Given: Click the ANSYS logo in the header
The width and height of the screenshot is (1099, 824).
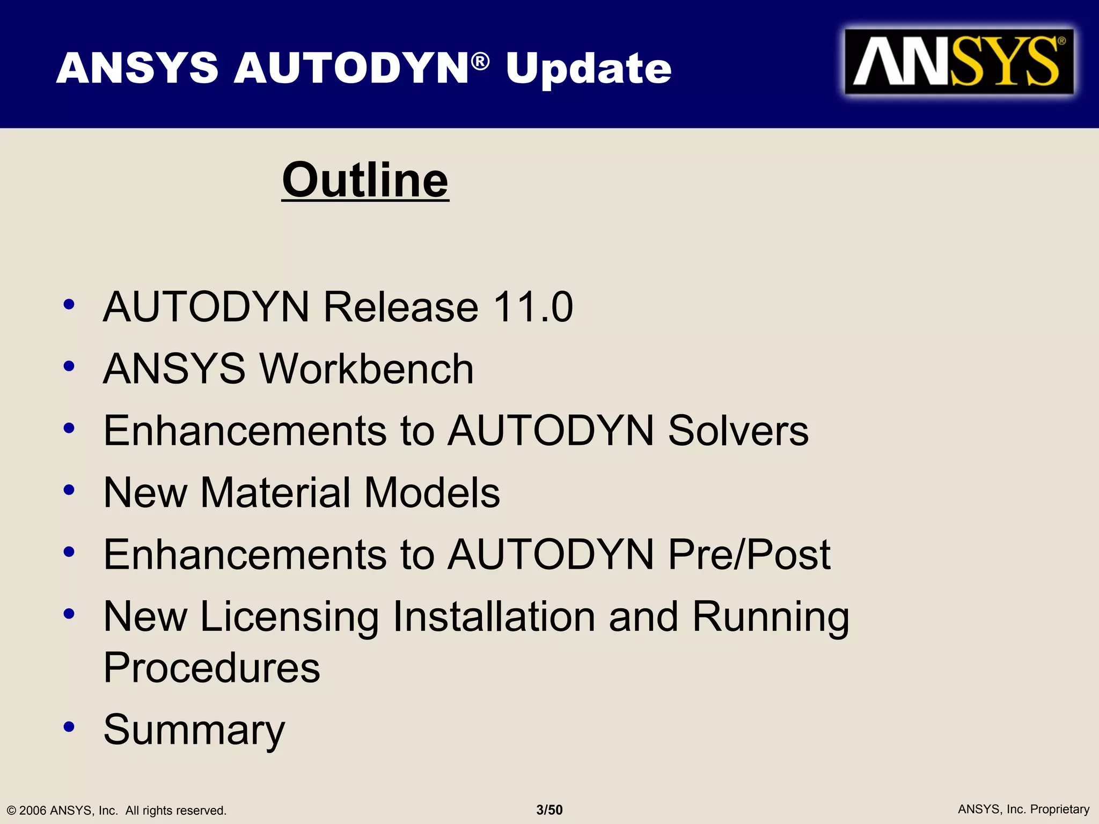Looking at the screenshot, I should coord(958,62).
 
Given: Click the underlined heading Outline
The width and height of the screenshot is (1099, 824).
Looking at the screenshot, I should coord(365,180).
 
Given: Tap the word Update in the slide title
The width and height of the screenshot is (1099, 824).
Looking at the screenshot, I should coord(589,69).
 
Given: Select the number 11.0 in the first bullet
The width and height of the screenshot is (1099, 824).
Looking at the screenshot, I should coord(533,307).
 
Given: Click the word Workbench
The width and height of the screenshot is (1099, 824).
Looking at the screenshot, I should coord(367,369).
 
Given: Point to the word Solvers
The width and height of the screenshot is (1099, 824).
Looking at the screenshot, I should coord(738,431).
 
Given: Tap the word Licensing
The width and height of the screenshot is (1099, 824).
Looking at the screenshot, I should coord(289,617).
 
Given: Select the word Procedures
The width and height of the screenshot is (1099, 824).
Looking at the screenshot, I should coord(212,668).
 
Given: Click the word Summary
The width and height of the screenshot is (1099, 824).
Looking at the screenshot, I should coord(194,730).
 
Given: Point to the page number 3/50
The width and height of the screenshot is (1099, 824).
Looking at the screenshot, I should coord(549,810).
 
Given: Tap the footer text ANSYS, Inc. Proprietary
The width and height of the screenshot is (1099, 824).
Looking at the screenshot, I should coord(1023,810).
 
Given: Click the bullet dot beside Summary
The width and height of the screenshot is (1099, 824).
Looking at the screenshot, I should coord(69,727).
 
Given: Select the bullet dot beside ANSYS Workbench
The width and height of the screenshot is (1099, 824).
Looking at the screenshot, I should coord(69,366).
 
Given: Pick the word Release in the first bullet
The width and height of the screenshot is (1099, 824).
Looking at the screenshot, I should coord(400,307).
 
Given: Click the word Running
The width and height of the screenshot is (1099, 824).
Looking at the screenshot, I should coord(771,617).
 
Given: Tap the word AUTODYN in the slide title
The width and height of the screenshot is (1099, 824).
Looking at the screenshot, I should coord(352,69).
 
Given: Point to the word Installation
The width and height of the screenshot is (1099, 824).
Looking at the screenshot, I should coord(494,617).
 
